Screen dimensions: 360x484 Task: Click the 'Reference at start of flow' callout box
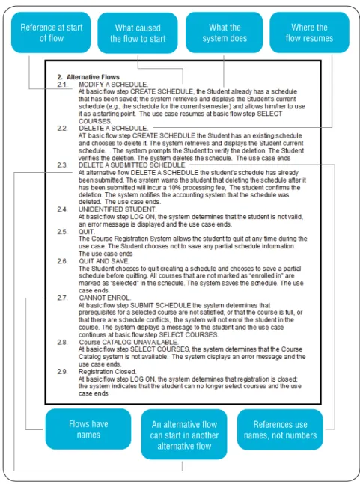(51, 32)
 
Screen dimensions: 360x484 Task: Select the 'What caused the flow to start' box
(138, 33)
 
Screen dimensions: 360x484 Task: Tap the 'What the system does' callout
(225, 32)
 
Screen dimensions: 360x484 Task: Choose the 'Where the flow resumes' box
(309, 32)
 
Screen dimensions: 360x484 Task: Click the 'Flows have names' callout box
(88, 429)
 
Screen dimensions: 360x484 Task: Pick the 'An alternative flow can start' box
(184, 435)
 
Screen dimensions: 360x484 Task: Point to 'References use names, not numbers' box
(280, 429)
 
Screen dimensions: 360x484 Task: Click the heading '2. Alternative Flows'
(88, 77)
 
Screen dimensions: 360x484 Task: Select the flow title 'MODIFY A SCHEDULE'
(113, 85)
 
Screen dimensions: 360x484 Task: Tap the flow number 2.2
(62, 129)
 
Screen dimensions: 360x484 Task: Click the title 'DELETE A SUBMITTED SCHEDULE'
(132, 165)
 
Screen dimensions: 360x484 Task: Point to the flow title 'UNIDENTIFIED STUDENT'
(118, 209)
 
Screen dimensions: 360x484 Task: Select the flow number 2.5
(62, 231)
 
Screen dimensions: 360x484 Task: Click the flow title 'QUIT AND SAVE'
(104, 261)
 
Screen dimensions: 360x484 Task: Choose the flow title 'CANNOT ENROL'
(105, 298)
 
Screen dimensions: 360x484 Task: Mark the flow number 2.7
(62, 298)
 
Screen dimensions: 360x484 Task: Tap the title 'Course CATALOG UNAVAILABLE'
(129, 343)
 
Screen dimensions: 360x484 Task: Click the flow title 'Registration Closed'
(107, 372)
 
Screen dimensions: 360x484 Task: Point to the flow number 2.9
(62, 372)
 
